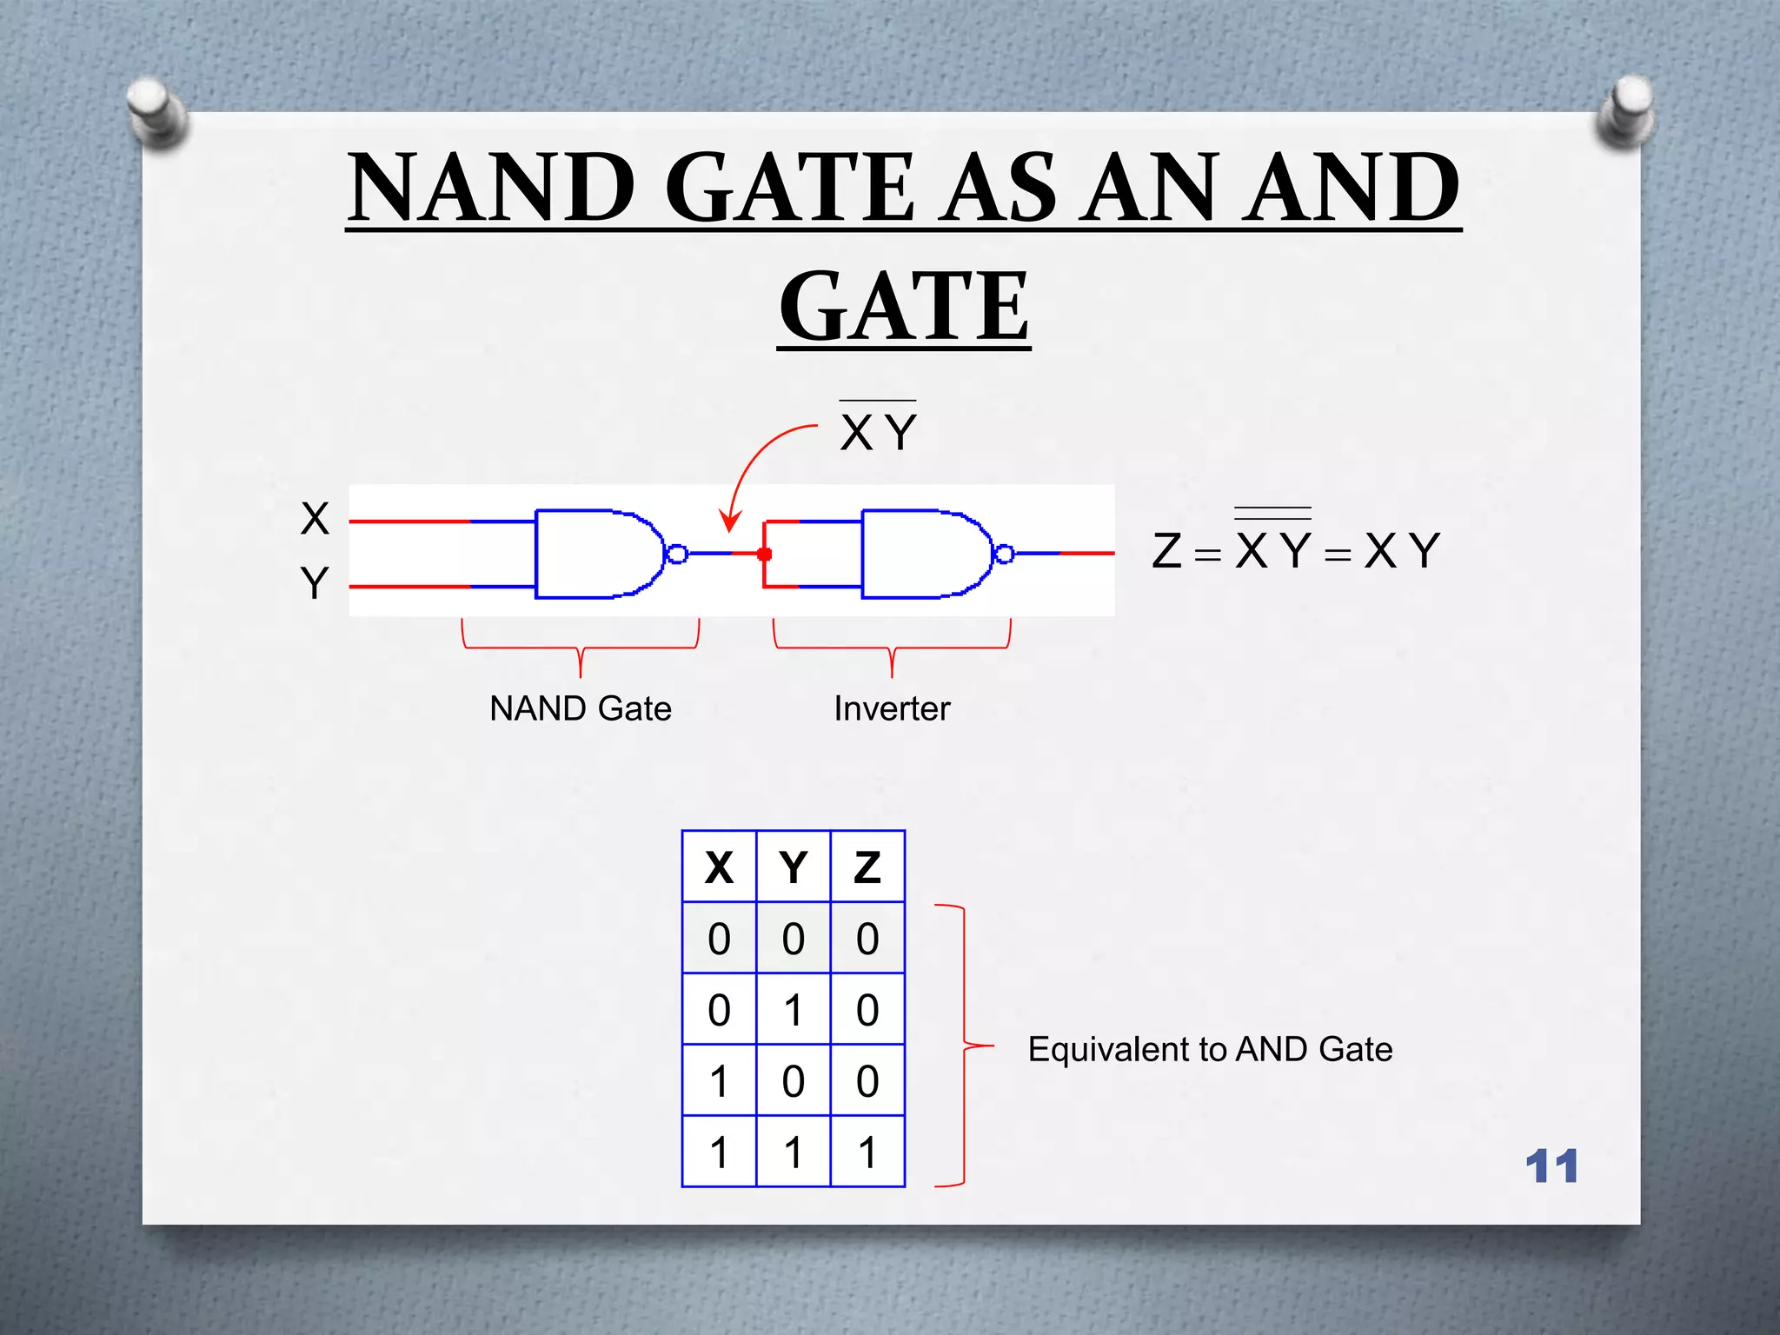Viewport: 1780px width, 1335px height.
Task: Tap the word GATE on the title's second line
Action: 904,306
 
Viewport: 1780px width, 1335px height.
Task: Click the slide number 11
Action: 1551,1166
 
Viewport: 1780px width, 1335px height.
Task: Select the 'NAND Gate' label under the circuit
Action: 581,708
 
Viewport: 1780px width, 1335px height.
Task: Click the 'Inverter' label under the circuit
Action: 892,708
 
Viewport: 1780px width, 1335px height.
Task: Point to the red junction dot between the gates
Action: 765,554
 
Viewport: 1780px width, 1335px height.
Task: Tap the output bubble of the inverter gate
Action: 1004,554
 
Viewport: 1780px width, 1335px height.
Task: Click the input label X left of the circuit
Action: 315,519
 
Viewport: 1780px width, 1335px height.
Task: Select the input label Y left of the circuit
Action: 315,583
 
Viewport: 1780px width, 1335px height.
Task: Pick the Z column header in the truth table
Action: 867,867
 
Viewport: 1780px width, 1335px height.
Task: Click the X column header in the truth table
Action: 719,867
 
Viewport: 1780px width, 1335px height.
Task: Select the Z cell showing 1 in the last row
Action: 867,1152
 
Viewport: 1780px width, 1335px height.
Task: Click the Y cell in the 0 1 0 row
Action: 793,1010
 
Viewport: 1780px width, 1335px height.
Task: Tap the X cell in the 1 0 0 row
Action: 719,1081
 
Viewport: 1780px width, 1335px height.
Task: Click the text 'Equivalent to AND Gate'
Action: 1210,1049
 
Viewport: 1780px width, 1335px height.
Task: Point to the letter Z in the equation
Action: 1166,551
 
